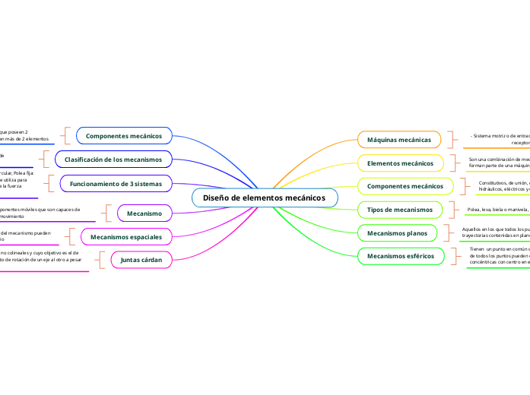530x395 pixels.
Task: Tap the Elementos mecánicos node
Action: click(400, 163)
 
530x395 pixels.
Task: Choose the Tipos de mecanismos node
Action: click(400, 209)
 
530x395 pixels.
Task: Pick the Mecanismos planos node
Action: click(397, 232)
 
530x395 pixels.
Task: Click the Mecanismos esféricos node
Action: click(400, 256)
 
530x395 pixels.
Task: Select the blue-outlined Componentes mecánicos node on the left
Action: click(124, 136)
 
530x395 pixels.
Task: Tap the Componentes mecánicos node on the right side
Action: click(405, 186)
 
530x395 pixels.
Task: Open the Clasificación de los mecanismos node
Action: click(113, 160)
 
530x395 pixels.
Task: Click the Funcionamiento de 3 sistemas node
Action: click(116, 184)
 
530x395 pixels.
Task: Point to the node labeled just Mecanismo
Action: click(144, 213)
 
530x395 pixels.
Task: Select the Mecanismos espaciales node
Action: click(126, 237)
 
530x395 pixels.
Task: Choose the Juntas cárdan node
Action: click(141, 260)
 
